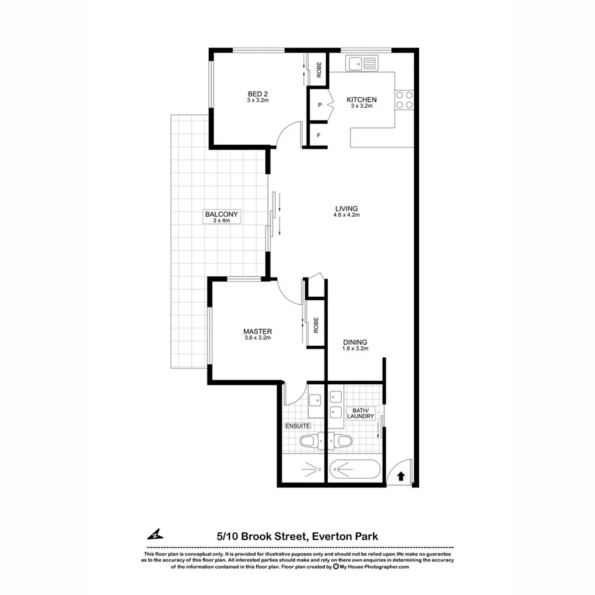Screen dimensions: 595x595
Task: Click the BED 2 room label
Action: pos(257,94)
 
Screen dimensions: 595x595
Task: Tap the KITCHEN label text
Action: pos(362,100)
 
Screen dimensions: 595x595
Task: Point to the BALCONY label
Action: pos(221,215)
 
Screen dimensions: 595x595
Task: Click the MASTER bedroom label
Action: pos(257,332)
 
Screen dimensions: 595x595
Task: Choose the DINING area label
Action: pos(355,342)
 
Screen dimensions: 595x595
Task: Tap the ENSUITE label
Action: pos(297,426)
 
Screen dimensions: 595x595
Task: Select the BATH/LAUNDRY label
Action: pos(363,413)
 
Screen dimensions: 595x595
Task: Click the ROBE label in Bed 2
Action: pos(319,69)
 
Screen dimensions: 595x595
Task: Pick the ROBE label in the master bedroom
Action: pos(316,325)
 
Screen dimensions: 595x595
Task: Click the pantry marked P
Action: pos(319,105)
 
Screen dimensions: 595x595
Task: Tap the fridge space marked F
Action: pos(319,136)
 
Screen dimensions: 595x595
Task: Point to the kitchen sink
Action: pos(362,63)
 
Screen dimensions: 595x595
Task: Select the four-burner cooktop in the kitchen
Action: pos(404,100)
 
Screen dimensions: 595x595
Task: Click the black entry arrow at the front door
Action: pos(401,474)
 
